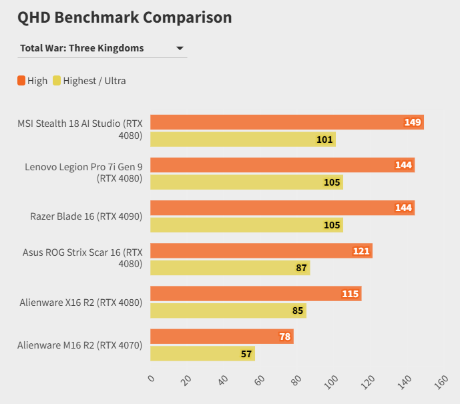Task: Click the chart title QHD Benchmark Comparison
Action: click(125, 17)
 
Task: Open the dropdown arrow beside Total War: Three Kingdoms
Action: click(180, 48)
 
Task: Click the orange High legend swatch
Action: click(21, 81)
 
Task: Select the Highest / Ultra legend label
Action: click(94, 81)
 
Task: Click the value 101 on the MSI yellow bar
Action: click(324, 140)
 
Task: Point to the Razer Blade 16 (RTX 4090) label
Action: click(86, 216)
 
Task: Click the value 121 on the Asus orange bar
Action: click(361, 251)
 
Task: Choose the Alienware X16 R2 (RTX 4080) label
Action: click(81, 302)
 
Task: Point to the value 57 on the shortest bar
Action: click(246, 354)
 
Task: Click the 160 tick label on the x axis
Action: click(441, 381)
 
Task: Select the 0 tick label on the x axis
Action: click(152, 379)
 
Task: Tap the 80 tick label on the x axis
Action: click(296, 380)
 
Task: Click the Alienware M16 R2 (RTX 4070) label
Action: click(80, 345)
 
